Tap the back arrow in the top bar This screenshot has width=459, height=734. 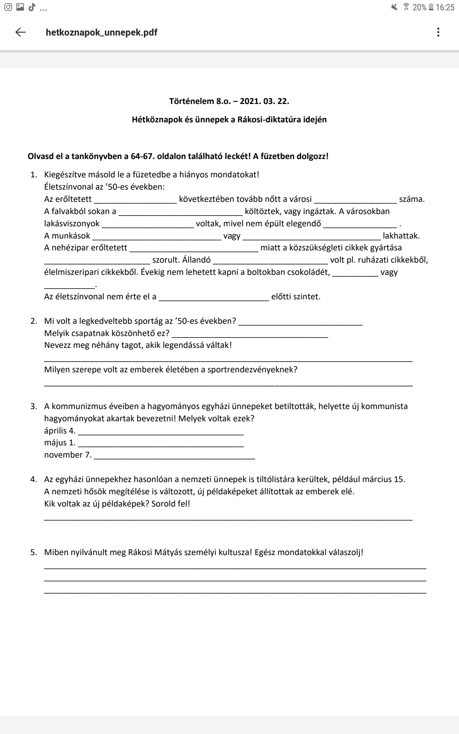click(x=21, y=32)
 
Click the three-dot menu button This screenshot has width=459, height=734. click(x=438, y=32)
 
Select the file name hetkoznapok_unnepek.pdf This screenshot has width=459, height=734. click(x=101, y=32)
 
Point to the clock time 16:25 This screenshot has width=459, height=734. click(x=445, y=7)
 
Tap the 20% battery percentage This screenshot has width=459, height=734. click(x=419, y=7)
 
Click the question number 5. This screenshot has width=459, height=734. click(x=34, y=552)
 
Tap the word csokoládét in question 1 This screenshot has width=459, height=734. click(x=310, y=272)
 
